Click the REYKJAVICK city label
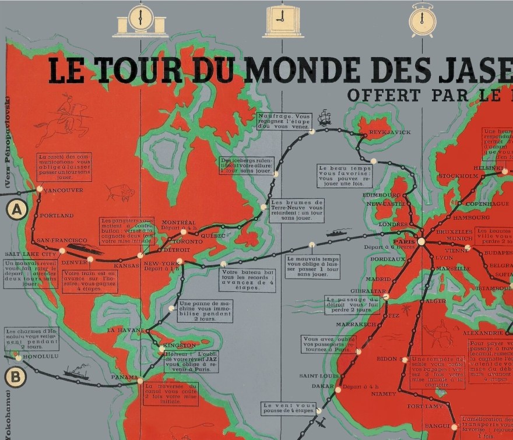pos(390,132)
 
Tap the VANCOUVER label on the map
pos(62,190)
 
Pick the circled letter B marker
pos(15,378)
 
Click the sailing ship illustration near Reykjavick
pos(324,118)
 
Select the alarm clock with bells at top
pos(423,20)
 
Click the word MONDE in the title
pos(294,69)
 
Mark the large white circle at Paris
pos(421,241)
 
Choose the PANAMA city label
pos(124,377)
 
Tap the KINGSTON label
pos(180,346)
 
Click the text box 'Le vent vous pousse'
pos(289,409)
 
